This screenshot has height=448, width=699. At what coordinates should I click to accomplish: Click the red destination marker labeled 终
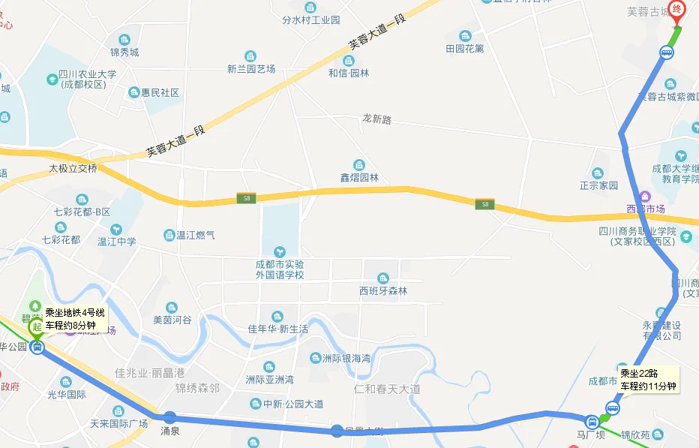point(677,11)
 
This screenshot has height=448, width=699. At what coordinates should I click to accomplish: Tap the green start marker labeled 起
point(36,327)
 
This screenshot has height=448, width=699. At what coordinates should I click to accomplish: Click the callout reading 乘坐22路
point(648,380)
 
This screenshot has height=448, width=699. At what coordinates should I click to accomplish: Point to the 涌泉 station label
point(169,431)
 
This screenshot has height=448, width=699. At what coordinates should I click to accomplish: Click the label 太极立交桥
point(73,168)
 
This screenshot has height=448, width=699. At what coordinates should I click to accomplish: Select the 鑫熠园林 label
point(359,178)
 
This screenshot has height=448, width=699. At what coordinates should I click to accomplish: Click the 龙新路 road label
point(376,119)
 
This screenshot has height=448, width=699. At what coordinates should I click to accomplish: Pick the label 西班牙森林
point(383,290)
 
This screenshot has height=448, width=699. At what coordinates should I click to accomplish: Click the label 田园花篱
point(465,49)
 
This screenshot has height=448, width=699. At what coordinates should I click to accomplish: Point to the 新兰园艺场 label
point(251,68)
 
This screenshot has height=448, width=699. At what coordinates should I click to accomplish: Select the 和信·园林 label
point(349,73)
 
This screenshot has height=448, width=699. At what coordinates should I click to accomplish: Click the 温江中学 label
point(117,242)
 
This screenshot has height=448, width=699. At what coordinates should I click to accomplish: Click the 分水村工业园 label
point(311,20)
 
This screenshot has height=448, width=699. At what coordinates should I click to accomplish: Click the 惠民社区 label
point(160,92)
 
